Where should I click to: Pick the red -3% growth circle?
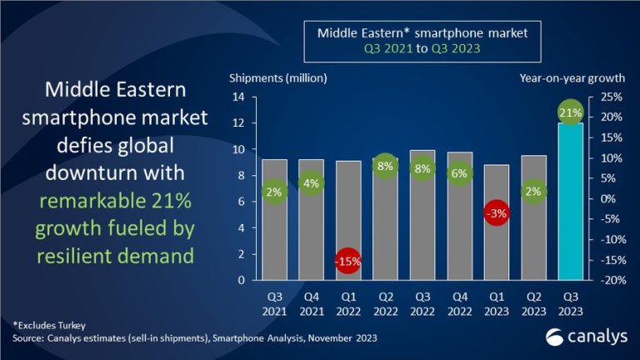tap(497, 214)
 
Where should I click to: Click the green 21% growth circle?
tap(571, 112)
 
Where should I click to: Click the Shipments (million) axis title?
tap(277, 78)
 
